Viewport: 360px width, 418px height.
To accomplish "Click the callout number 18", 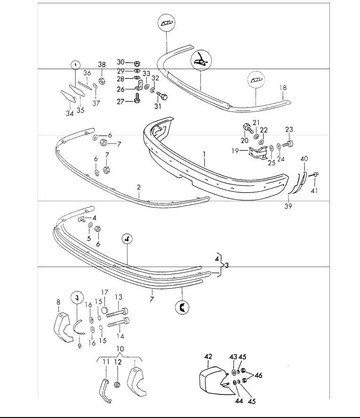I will tap(282, 87).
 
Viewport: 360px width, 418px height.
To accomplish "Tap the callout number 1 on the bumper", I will tap(204, 153).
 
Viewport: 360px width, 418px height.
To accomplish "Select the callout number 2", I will tap(139, 187).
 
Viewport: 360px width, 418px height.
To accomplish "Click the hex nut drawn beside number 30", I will tap(136, 63).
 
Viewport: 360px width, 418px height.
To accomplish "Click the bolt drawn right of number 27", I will tap(137, 100).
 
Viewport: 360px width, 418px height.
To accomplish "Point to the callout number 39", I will tap(288, 205).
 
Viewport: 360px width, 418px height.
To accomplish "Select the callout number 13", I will tap(119, 297).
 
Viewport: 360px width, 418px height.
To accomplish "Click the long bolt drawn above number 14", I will tap(118, 323).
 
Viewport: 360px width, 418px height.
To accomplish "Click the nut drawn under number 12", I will tap(118, 384).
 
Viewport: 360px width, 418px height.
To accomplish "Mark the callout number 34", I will tap(69, 114).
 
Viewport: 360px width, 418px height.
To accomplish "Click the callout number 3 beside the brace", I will tap(227, 265).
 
